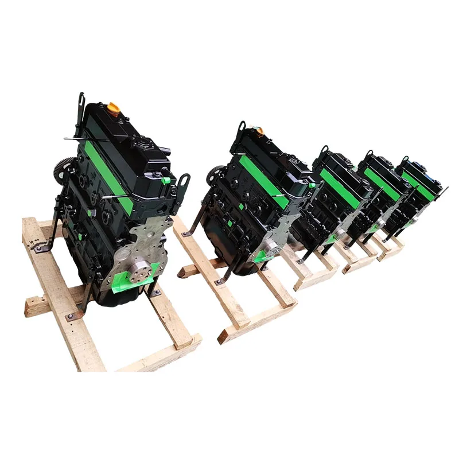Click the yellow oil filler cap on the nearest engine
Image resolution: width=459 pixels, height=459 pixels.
coord(114,107)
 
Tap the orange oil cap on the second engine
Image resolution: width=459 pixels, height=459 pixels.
coord(259,130)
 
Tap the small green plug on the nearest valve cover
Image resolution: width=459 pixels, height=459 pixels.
coord(166,180)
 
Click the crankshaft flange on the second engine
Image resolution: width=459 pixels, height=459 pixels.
coord(270,247)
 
